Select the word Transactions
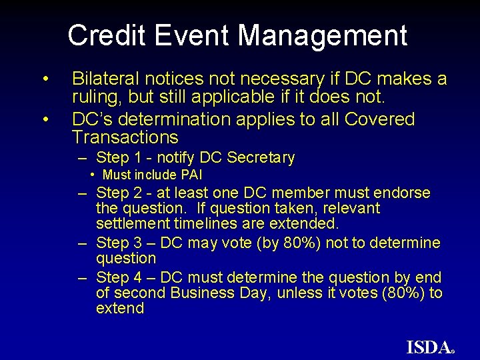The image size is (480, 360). coord(125,138)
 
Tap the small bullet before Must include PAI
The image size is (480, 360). coord(93,175)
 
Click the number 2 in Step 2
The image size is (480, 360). coord(133,193)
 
